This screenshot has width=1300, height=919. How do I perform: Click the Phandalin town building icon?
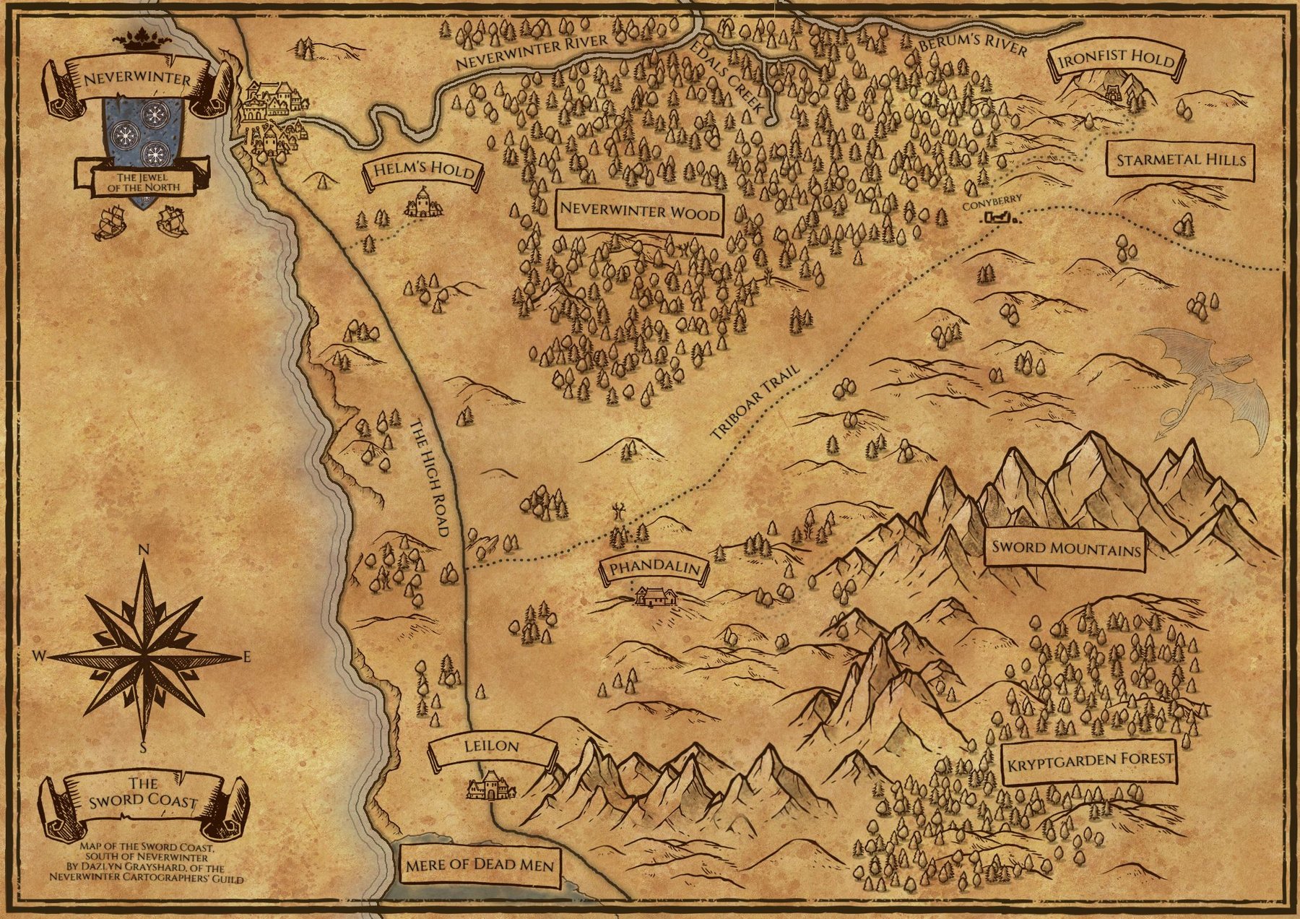[x=656, y=597]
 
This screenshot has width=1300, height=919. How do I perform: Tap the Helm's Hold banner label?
[x=424, y=171]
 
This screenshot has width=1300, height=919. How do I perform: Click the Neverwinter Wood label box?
[x=639, y=212]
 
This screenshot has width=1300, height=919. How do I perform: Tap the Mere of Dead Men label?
[x=480, y=865]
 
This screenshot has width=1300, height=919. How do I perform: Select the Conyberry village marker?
[x=999, y=217]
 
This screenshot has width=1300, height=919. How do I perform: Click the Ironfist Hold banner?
[x=1116, y=60]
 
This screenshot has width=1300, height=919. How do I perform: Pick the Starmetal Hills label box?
[x=1181, y=160]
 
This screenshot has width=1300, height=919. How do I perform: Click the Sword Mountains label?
[x=1065, y=548]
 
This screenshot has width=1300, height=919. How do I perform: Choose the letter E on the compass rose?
[x=246, y=657]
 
